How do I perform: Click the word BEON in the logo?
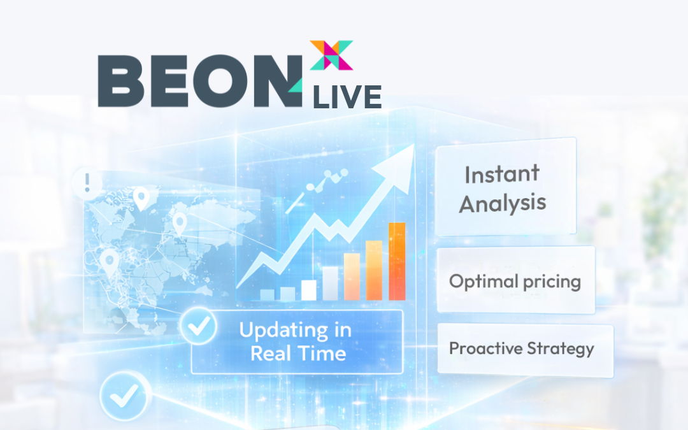(x=199, y=81)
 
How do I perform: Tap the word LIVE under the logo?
(x=347, y=97)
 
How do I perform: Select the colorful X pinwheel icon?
(x=331, y=55)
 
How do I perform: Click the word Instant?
(x=502, y=174)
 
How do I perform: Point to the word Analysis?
(x=503, y=204)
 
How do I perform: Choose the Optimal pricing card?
(x=515, y=280)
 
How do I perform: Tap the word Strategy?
(x=561, y=349)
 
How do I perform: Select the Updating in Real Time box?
(x=297, y=342)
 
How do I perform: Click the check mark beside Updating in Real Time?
(x=199, y=326)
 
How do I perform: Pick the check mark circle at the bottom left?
(x=125, y=396)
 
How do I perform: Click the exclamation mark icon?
(x=87, y=183)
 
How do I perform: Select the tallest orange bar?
(x=397, y=261)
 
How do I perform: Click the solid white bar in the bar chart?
(x=308, y=290)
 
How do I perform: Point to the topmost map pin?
(x=141, y=198)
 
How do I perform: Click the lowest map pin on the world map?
(x=109, y=262)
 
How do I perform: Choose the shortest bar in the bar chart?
(x=267, y=294)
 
